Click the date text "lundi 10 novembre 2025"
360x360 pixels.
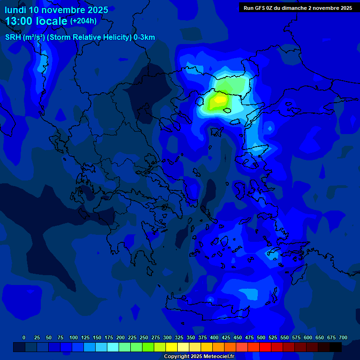coord(56,10)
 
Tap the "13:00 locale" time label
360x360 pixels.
coord(37,21)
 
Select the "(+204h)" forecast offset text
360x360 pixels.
coord(83,21)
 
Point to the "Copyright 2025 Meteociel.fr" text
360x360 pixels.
coord(199,356)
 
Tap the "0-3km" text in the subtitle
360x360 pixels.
coord(144,37)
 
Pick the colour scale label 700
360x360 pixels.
coord(343,337)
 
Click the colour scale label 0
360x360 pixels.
coord(24,337)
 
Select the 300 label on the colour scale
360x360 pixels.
coord(167,337)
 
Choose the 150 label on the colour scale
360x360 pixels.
coord(97,337)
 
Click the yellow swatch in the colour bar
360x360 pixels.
coord(172,347)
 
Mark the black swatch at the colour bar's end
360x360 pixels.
coord(336,347)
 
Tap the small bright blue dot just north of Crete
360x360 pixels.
coord(210,299)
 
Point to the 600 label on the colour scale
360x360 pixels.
coord(308,337)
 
